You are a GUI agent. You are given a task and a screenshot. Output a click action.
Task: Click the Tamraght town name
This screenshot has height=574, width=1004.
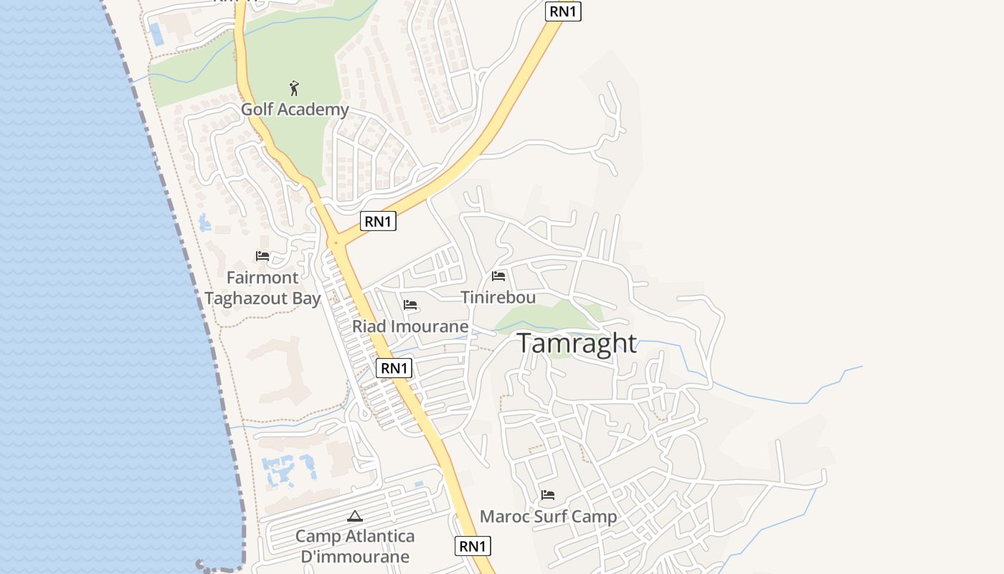pyautogui.click(x=576, y=343)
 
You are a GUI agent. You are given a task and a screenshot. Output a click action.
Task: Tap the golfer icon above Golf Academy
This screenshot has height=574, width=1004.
pyautogui.click(x=293, y=89)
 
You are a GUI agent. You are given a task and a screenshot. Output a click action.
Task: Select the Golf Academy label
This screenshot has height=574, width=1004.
pyautogui.click(x=294, y=110)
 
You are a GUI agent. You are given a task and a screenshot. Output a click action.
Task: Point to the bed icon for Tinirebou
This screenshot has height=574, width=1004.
pyautogui.click(x=498, y=276)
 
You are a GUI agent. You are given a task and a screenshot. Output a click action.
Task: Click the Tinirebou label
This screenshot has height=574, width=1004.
pyautogui.click(x=498, y=297)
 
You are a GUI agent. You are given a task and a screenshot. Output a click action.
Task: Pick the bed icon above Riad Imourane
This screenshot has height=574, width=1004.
pyautogui.click(x=410, y=305)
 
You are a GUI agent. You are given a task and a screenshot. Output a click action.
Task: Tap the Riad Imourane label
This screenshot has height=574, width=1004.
pyautogui.click(x=409, y=326)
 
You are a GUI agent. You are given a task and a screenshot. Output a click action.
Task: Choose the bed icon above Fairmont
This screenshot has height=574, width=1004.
pyautogui.click(x=262, y=256)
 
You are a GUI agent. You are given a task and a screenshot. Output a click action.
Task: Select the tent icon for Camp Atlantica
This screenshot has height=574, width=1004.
pyautogui.click(x=354, y=516)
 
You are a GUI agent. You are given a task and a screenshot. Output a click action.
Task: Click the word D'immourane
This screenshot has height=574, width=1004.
pyautogui.click(x=355, y=557)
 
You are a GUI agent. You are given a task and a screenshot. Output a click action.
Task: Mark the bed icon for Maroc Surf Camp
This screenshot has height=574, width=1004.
pyautogui.click(x=548, y=495)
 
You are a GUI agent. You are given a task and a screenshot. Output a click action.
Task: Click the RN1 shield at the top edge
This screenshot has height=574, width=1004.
pyautogui.click(x=563, y=11)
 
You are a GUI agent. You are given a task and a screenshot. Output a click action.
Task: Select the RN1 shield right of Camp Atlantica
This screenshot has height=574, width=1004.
pyautogui.click(x=473, y=546)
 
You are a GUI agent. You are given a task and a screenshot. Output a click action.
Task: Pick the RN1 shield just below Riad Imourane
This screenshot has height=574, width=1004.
pyautogui.click(x=394, y=368)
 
